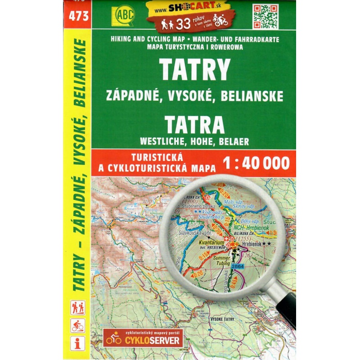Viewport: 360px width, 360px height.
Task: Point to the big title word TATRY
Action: coord(194,70)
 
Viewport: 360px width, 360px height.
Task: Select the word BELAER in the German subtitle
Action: coord(233,140)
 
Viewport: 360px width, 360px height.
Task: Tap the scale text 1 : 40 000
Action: coord(256,163)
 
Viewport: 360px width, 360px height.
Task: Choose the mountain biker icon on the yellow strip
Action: coord(78,325)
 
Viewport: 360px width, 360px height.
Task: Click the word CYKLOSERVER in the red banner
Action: coord(154,340)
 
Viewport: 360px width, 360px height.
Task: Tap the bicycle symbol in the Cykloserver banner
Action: coord(113,338)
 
